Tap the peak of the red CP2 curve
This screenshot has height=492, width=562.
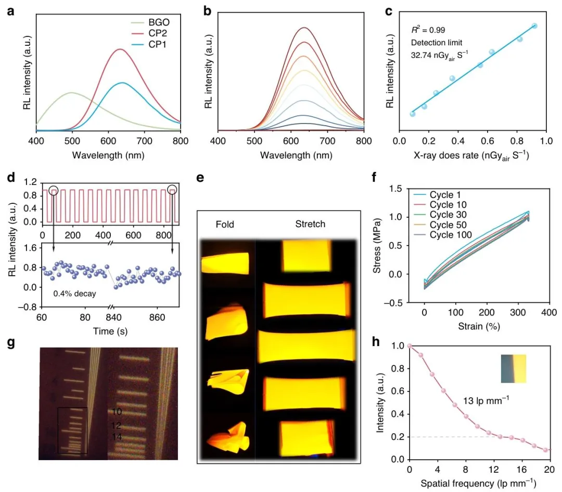point(120,49)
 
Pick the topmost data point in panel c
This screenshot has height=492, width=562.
point(534,26)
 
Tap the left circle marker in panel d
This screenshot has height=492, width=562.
point(53,189)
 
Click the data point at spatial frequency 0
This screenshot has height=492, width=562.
point(410,346)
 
